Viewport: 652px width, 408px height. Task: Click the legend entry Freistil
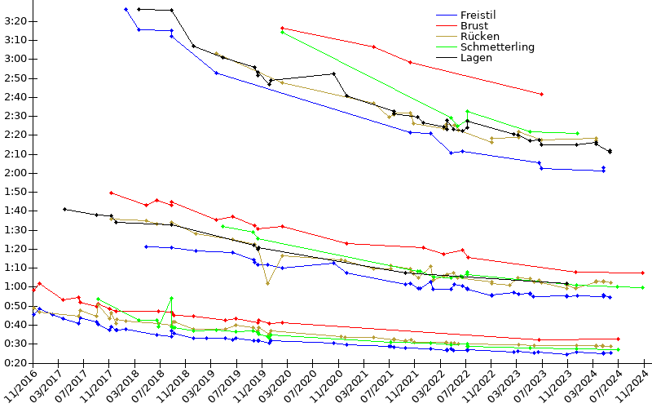(478, 16)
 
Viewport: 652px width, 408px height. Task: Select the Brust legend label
(474, 26)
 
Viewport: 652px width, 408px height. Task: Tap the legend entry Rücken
(478, 37)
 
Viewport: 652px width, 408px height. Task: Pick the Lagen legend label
(476, 58)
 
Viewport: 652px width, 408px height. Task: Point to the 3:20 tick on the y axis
(15, 21)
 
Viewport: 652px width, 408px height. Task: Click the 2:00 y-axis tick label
(15, 173)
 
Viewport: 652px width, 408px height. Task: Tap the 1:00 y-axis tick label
(15, 286)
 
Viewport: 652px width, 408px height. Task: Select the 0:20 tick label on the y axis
(15, 362)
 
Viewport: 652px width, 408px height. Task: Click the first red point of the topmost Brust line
(282, 28)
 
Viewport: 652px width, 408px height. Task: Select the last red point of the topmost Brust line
(541, 95)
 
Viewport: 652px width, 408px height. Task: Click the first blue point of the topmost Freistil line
(126, 9)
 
